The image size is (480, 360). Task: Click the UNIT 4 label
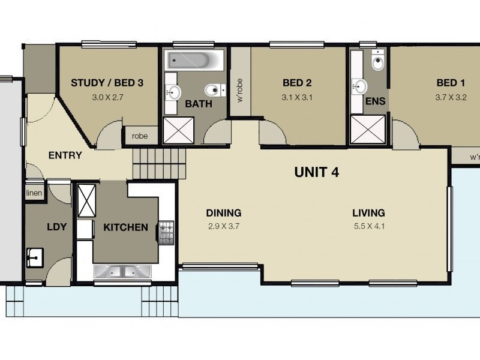tap(317, 173)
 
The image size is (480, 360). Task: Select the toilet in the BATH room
tap(213, 91)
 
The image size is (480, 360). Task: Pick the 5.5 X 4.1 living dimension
tap(368, 226)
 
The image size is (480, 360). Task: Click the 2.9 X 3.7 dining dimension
tap(223, 226)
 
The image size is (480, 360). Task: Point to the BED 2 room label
tap(298, 83)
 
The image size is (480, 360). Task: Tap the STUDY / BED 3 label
tap(107, 83)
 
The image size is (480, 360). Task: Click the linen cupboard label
tap(34, 193)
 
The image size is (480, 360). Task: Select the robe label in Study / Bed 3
tap(140, 136)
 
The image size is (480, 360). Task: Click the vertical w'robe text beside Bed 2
tap(240, 91)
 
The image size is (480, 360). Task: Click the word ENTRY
tap(65, 155)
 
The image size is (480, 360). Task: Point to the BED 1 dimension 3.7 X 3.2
tap(451, 97)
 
